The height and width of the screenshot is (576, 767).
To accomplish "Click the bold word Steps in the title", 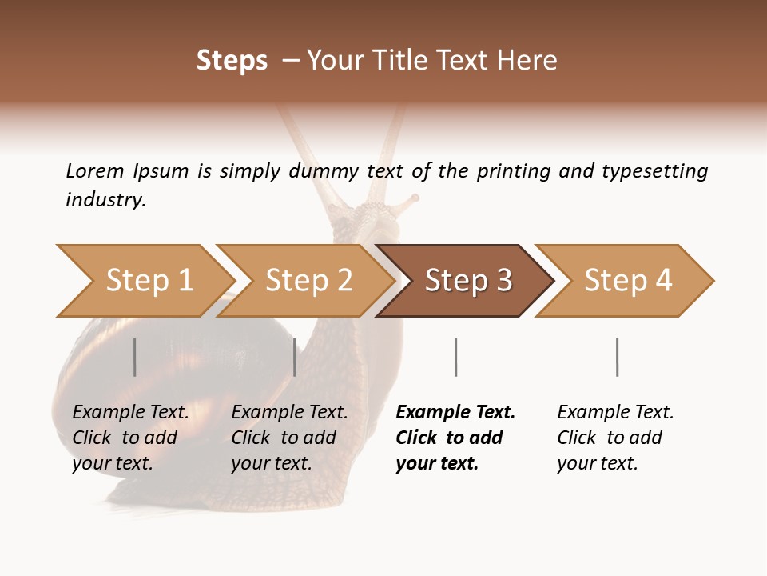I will pyautogui.click(x=232, y=61).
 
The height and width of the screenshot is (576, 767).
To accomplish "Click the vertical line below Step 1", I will pyautogui.click(x=135, y=357).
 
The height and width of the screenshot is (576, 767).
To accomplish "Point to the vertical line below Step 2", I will pyautogui.click(x=295, y=357).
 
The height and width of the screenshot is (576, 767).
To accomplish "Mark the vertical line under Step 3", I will pyautogui.click(x=455, y=357).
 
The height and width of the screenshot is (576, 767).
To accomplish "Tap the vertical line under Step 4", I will pyautogui.click(x=617, y=357).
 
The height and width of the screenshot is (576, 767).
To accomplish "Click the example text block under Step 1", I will pyautogui.click(x=130, y=438).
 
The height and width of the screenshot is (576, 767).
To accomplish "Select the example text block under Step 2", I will pyautogui.click(x=289, y=438).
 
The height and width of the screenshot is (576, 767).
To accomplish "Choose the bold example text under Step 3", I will pyautogui.click(x=455, y=438).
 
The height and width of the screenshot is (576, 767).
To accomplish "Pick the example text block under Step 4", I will pyautogui.click(x=615, y=438).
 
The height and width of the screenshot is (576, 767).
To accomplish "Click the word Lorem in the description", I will pyautogui.click(x=95, y=171).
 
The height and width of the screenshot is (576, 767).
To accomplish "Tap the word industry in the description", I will pyautogui.click(x=105, y=200).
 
